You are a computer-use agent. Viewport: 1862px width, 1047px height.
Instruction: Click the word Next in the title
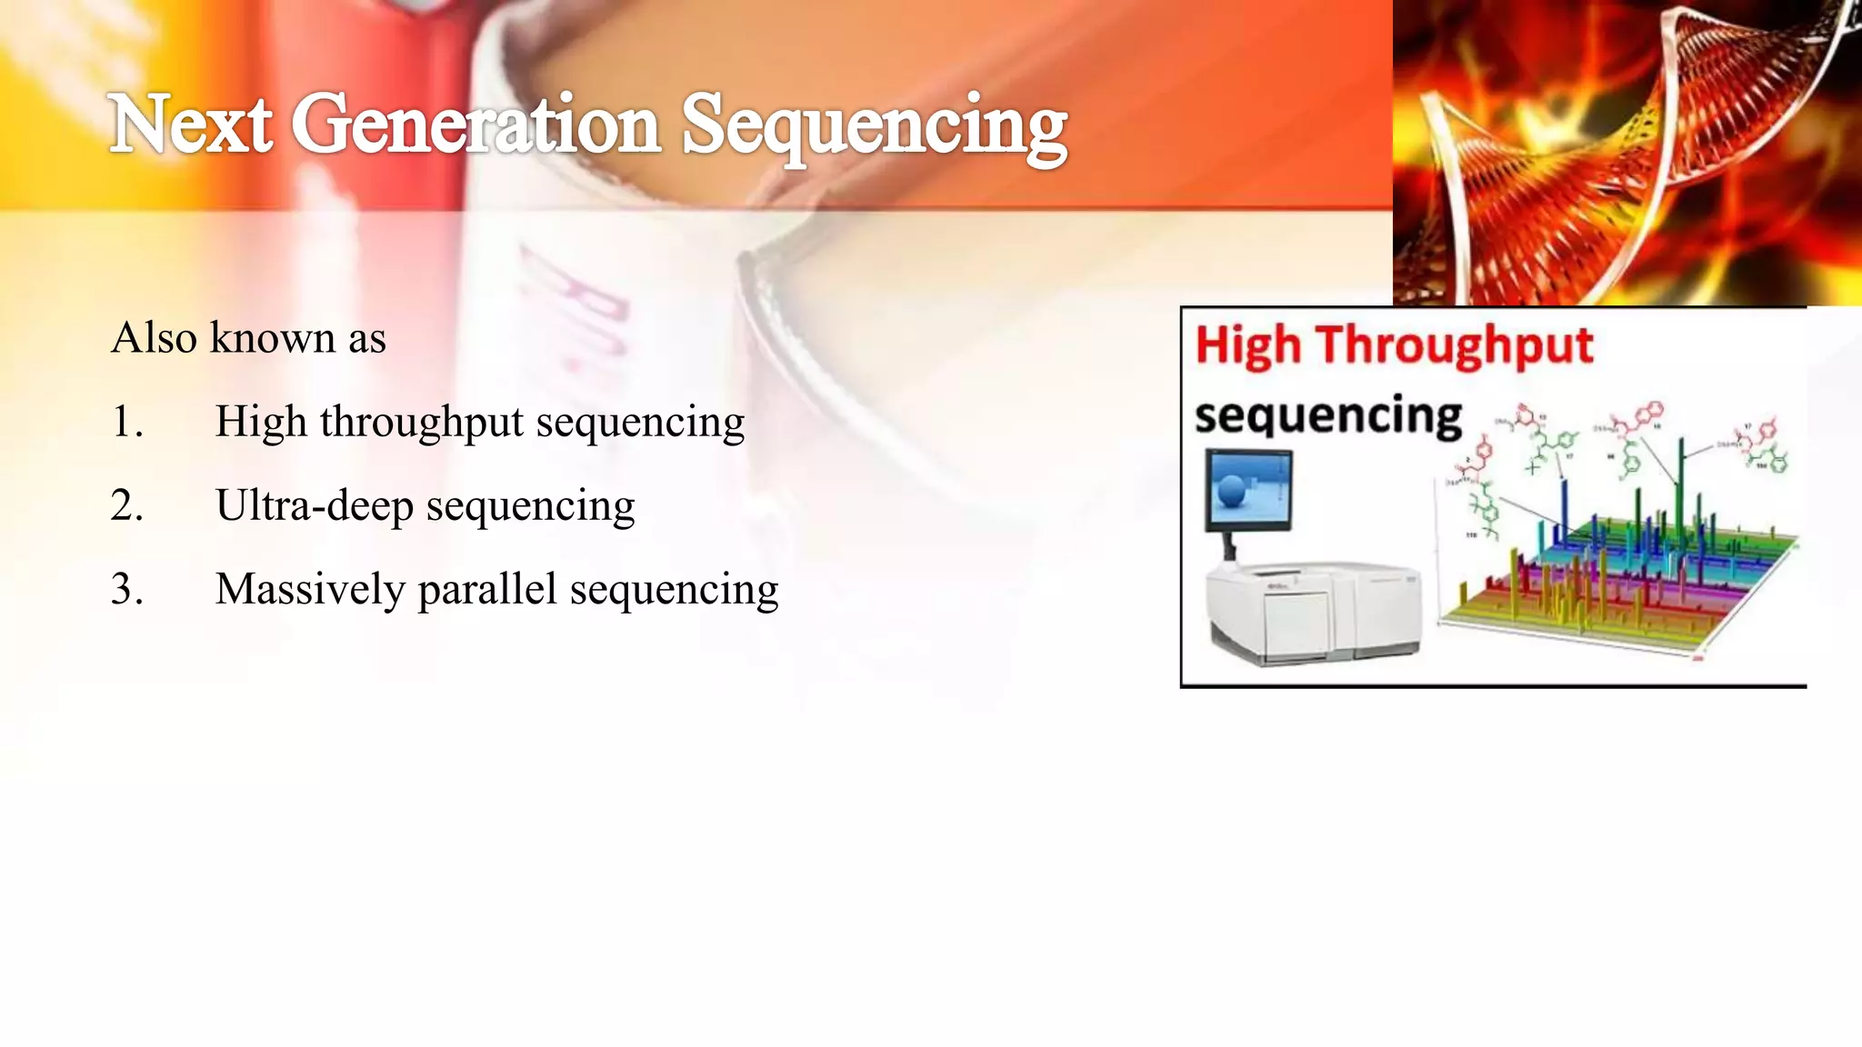pyautogui.click(x=191, y=125)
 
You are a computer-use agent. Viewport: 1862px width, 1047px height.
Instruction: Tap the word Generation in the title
pyautogui.click(x=476, y=125)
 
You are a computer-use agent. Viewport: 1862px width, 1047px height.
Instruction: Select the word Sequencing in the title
pyautogui.click(x=874, y=127)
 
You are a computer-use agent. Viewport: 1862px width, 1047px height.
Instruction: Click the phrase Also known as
pyautogui.click(x=248, y=338)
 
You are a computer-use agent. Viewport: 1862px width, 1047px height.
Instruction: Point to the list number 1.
pyautogui.click(x=126, y=422)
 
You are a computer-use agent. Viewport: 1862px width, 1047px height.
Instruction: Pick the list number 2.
pyautogui.click(x=126, y=505)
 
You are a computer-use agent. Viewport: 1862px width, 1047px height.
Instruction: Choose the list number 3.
pyautogui.click(x=126, y=589)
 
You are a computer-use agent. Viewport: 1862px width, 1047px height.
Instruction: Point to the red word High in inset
pyautogui.click(x=1247, y=347)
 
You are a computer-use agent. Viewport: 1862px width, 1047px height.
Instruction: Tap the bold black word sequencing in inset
pyautogui.click(x=1327, y=416)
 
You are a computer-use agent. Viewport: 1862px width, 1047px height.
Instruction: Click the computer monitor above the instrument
pyautogui.click(x=1248, y=492)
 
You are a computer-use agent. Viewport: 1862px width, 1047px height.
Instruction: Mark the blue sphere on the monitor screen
pyautogui.click(x=1232, y=493)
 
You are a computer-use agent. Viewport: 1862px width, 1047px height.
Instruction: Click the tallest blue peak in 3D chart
pyautogui.click(x=1565, y=509)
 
